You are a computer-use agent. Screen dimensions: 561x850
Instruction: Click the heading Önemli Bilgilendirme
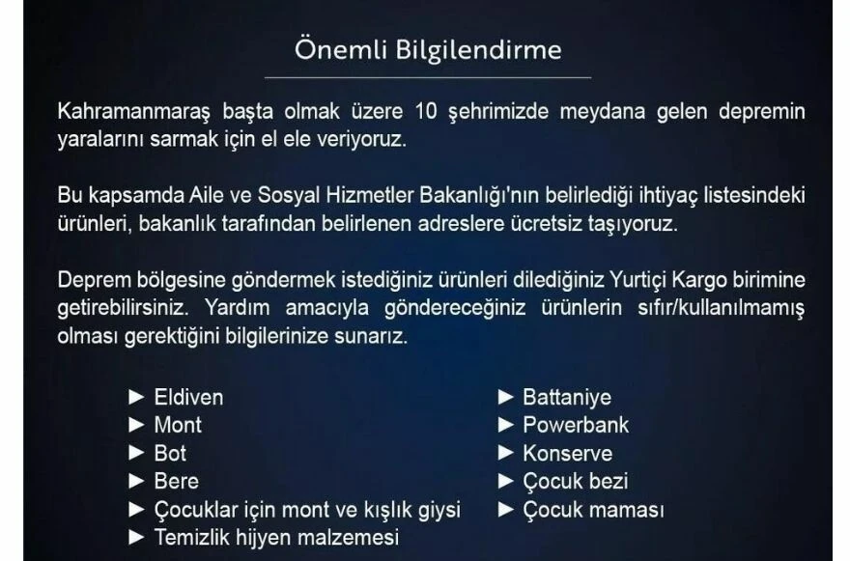click(x=427, y=49)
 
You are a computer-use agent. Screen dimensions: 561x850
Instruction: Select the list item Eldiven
click(x=188, y=397)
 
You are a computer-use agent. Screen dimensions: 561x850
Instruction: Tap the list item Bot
click(x=170, y=453)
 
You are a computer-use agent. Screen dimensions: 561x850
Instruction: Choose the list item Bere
click(x=176, y=481)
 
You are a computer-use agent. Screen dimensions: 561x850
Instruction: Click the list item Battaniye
click(x=566, y=397)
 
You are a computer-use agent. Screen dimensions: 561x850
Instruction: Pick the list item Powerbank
click(x=575, y=425)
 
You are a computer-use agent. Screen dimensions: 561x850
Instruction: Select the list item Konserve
click(x=567, y=453)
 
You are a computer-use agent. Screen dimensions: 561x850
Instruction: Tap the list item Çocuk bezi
click(x=575, y=481)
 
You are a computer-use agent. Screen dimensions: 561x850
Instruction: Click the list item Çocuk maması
click(x=593, y=509)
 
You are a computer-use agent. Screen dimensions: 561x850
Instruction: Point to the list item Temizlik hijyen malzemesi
click(x=276, y=537)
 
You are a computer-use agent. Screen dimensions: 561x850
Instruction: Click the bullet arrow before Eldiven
click(x=136, y=397)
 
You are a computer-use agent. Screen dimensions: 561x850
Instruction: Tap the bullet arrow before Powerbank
click(x=505, y=425)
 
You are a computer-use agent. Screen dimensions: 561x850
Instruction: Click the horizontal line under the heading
click(x=427, y=77)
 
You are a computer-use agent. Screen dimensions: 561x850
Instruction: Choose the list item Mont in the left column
click(x=178, y=425)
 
